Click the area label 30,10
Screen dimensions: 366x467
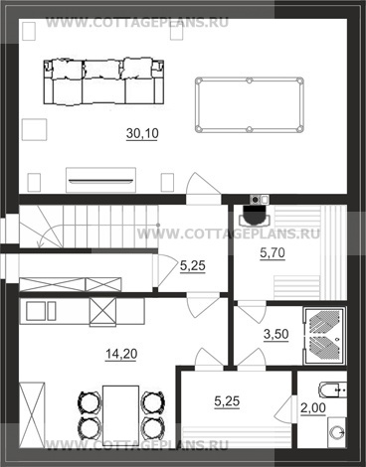(142, 133)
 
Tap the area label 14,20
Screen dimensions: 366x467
(121, 354)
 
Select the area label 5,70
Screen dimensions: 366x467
(273, 253)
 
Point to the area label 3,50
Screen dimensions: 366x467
(275, 334)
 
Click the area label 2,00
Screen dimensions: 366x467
(313, 408)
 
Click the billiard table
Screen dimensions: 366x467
(250, 104)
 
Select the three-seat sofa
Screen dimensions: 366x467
(103, 82)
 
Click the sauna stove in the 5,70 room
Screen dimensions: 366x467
(256, 215)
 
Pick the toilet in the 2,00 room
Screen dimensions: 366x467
(333, 389)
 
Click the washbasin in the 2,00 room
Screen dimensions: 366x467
(337, 431)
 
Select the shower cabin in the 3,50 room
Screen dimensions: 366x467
(324, 336)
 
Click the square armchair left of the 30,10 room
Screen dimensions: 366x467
(34, 129)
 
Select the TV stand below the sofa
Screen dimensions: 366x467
(100, 180)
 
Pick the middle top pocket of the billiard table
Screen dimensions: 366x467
(250, 80)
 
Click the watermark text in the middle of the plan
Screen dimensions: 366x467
(229, 233)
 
